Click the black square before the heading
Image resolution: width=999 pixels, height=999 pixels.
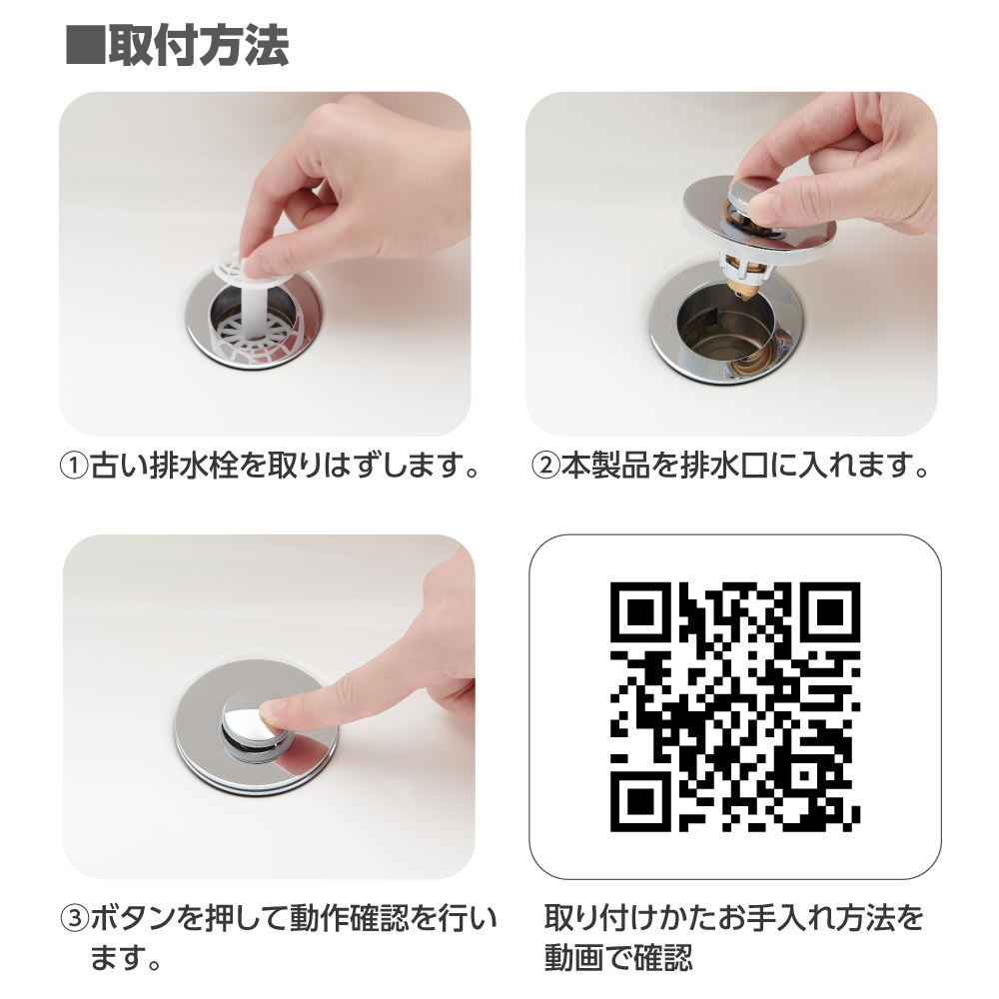pyautogui.click(x=85, y=46)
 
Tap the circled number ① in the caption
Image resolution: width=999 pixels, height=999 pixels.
pyautogui.click(x=73, y=467)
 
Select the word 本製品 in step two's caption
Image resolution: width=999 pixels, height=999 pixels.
pyautogui.click(x=604, y=467)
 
